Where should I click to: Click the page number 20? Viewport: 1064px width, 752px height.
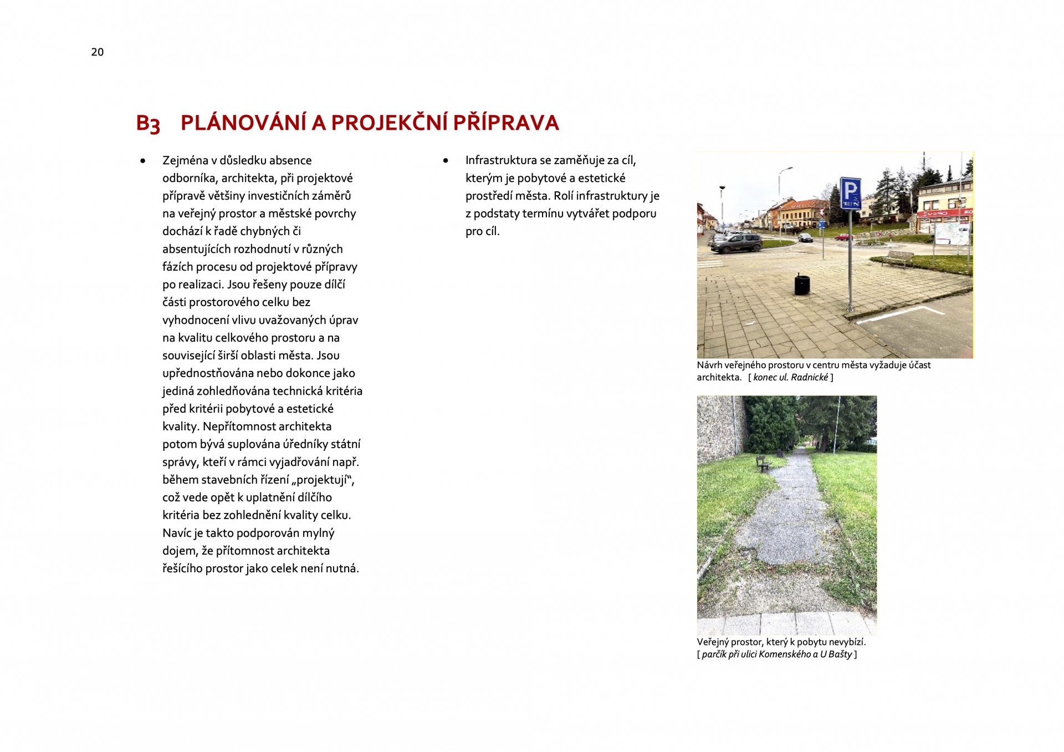(97, 52)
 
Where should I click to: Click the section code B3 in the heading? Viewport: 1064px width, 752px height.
(148, 124)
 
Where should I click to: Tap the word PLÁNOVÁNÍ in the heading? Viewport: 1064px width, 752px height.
(243, 123)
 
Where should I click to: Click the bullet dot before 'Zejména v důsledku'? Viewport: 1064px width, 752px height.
(143, 161)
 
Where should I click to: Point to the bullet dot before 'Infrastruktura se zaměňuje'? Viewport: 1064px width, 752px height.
(446, 161)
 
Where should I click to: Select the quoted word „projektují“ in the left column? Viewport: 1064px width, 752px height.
(323, 480)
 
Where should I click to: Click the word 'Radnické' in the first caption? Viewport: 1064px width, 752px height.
(809, 378)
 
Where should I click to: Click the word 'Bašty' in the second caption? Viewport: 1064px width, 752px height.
(840, 654)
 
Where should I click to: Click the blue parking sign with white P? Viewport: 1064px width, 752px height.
(850, 193)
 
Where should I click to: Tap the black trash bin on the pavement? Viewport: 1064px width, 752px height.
(801, 284)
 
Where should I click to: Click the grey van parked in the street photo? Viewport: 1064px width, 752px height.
(736, 243)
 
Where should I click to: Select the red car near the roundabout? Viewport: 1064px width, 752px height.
(843, 237)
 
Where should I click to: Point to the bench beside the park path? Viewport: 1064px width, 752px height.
(764, 463)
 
